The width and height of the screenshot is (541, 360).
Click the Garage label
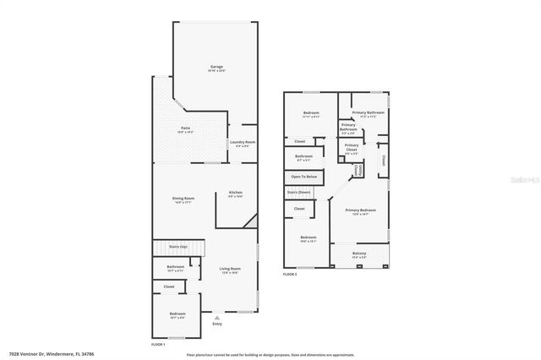[216, 68]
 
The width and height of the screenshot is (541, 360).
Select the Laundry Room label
[243, 142]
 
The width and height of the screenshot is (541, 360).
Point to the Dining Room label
[183, 199]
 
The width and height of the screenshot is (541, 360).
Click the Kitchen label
[236, 194]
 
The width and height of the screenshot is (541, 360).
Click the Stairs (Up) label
[178, 247]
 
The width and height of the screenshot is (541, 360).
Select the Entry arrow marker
[217, 317]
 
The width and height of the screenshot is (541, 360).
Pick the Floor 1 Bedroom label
[178, 314]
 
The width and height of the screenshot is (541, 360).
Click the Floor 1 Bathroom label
[176, 269]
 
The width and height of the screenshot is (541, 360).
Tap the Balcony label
[359, 254]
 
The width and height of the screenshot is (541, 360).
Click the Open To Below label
[303, 177]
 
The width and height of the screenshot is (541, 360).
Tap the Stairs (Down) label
[298, 193]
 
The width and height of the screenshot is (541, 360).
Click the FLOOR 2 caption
[291, 274]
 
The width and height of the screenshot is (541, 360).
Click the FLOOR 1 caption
[157, 345]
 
